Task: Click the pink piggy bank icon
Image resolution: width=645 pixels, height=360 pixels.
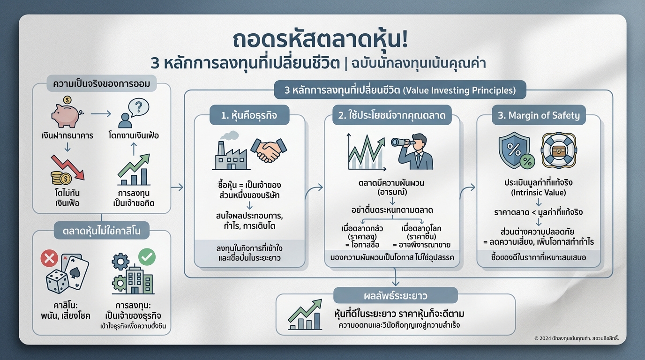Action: click(x=66, y=113)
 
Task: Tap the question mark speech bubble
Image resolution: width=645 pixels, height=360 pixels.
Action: click(x=139, y=108)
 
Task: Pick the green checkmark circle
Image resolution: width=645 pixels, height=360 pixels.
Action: click(x=147, y=256)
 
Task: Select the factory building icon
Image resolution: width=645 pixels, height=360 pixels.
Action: click(x=231, y=151)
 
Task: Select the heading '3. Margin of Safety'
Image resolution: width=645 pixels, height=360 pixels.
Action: click(x=539, y=115)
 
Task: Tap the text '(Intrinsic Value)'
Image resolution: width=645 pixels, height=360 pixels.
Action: click(x=539, y=193)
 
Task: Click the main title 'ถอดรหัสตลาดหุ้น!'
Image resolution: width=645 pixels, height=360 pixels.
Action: click(x=321, y=39)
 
